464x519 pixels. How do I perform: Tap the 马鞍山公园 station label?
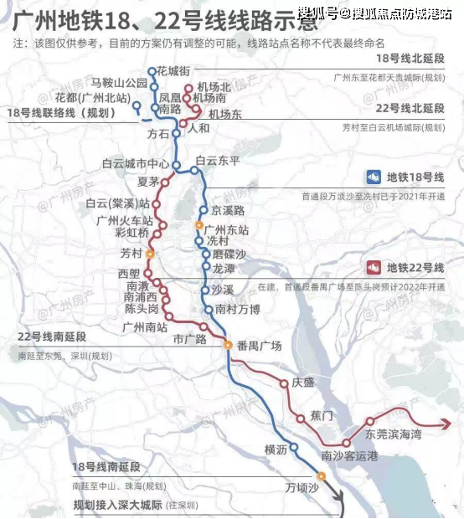(x=119, y=83)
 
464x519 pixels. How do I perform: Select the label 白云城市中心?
(x=136, y=163)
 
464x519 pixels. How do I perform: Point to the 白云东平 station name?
(x=217, y=160)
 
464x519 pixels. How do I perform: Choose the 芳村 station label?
(x=131, y=252)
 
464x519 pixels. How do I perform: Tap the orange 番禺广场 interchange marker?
(x=227, y=344)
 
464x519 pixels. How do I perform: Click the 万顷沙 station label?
(x=302, y=487)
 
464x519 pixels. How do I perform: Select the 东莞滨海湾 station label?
(x=393, y=434)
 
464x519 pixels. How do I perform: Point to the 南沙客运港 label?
(x=350, y=456)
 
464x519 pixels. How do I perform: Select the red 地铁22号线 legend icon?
(x=374, y=268)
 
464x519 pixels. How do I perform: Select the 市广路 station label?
(x=189, y=338)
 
